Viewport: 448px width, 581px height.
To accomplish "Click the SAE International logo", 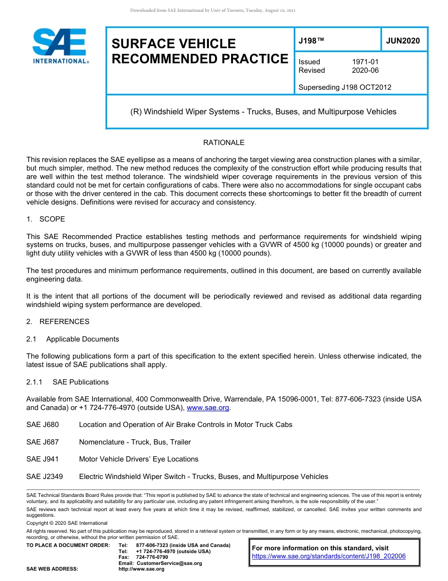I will pyautogui.click(x=60, y=46).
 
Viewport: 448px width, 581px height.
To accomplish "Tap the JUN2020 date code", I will pyautogui.click(x=403, y=41).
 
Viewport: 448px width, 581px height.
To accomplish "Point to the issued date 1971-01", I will pyautogui.click(x=365, y=62).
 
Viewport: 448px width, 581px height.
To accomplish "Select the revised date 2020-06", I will pyautogui.click(x=365, y=70).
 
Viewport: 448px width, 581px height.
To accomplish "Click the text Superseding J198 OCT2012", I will pyautogui.click(x=345, y=87).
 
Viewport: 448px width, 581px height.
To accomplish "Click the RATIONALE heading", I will pyautogui.click(x=224, y=143).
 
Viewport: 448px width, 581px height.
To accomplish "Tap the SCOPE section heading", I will pyautogui.click(x=52, y=219).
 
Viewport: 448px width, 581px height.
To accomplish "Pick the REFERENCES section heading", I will pyautogui.click(x=64, y=322).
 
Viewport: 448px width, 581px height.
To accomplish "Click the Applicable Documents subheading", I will pyautogui.click(x=83, y=339).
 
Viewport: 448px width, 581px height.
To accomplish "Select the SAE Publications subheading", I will pyautogui.click(x=81, y=382).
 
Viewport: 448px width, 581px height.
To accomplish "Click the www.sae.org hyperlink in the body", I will pyautogui.click(x=208, y=408).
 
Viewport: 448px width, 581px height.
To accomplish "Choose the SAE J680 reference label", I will pyautogui.click(x=43, y=425).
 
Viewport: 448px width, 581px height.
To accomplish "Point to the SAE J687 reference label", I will pyautogui.click(x=43, y=442).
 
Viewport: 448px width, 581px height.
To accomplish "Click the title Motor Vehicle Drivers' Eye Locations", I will pyautogui.click(x=139, y=459).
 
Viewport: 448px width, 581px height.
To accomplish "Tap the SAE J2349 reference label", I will pyautogui.click(x=45, y=477).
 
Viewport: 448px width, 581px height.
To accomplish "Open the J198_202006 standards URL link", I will pyautogui.click(x=329, y=556).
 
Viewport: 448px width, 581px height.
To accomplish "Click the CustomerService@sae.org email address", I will pyautogui.click(x=169, y=563).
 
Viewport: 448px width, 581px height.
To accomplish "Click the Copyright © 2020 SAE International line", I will pyautogui.click(x=67, y=523).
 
